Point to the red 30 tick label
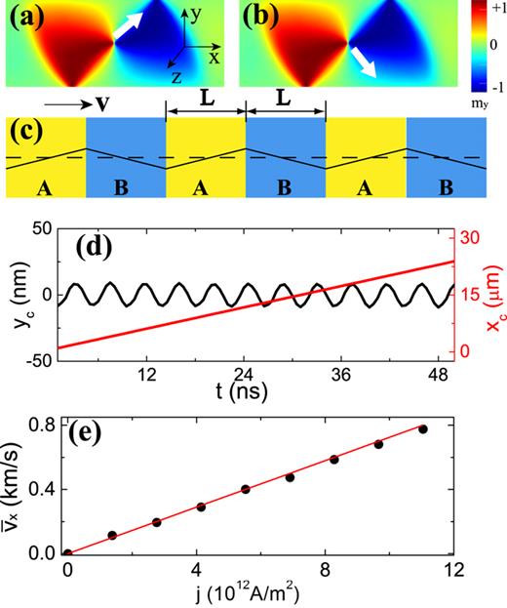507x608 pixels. [471, 237]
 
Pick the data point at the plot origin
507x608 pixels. [67, 553]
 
